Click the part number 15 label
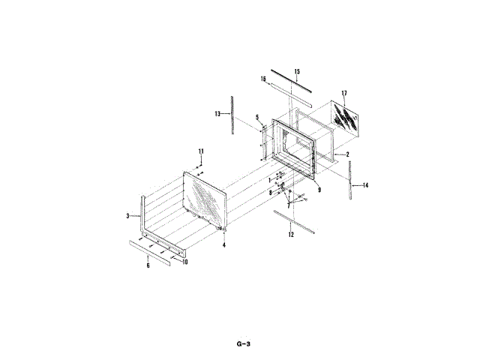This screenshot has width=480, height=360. tap(297, 71)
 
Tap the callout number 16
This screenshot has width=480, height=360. tap(264, 78)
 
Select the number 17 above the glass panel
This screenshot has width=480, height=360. tap(343, 93)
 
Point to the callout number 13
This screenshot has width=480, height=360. tap(217, 114)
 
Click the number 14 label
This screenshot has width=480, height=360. tap(365, 184)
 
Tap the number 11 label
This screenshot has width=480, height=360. tap(201, 152)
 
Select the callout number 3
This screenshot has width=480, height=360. tap(127, 215)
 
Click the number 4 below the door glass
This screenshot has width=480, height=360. tap(223, 244)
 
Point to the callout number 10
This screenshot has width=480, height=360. tap(185, 261)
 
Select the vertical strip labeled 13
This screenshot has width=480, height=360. tap(232, 115)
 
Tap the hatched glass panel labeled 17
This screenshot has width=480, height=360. tap(346, 118)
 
